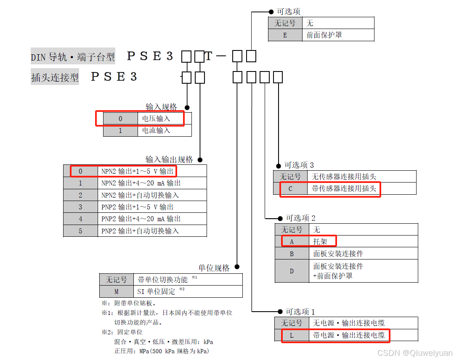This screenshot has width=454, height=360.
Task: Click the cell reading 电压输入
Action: (156, 119)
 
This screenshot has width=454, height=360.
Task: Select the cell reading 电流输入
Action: (156, 130)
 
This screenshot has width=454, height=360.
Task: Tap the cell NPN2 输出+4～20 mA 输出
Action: (141, 183)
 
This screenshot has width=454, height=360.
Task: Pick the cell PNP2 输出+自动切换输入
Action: (140, 230)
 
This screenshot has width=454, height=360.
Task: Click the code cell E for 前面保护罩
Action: (285, 35)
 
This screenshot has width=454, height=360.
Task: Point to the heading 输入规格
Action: (161, 107)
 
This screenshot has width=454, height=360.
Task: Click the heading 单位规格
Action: (214, 268)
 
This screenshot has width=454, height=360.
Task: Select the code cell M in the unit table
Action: (116, 291)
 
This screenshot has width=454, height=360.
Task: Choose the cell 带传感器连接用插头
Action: (344, 188)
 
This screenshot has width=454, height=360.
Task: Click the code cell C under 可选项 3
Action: (290, 188)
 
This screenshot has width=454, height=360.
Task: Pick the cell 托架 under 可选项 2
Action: (320, 241)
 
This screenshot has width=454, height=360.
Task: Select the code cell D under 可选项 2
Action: (292, 271)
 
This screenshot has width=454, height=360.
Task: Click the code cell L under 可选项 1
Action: (292, 335)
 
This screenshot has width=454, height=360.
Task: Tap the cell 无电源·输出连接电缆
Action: (349, 323)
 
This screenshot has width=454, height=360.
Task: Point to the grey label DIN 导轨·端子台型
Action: (73, 57)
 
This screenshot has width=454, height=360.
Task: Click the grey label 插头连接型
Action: (55, 77)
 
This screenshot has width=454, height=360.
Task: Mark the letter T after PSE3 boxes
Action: (209, 56)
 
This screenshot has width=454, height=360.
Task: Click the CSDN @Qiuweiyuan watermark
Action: (414, 353)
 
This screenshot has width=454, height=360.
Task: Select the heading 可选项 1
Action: (300, 312)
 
